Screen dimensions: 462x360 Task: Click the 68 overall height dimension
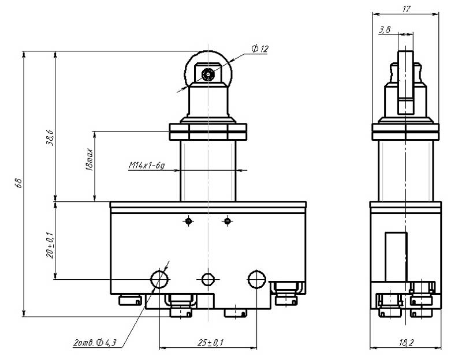coord(18,183)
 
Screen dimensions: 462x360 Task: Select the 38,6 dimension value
coord(50,138)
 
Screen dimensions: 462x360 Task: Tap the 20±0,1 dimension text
coord(50,245)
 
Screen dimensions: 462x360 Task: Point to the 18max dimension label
coord(89,160)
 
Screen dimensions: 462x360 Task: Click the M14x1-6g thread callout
coord(147,166)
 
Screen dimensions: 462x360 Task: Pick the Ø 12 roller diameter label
coord(260,48)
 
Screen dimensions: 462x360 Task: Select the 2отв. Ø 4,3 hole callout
coord(95,342)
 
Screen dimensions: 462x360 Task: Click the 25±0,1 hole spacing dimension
coord(210,342)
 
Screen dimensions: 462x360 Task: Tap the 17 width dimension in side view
coord(406,9)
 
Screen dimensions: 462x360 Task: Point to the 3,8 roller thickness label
coord(385,29)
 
